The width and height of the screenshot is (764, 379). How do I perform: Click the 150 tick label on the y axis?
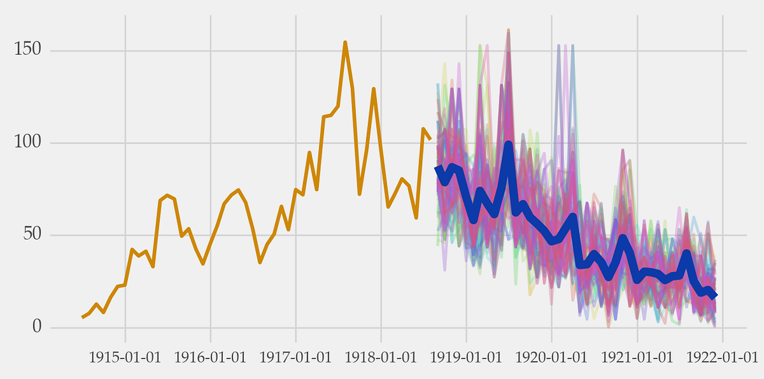coord(28,50)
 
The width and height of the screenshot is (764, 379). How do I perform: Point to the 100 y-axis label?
coord(28,142)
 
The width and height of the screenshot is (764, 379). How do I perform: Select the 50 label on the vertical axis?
coord(32,234)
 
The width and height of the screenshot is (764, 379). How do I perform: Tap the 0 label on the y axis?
coord(36,327)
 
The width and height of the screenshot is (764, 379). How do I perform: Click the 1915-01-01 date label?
coord(125,357)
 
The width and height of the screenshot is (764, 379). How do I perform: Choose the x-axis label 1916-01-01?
coord(210,357)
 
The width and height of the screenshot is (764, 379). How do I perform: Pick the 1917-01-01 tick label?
coord(295,357)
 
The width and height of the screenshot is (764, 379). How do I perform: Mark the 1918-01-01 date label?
coord(381,357)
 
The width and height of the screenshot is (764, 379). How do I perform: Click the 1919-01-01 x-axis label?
coord(466,357)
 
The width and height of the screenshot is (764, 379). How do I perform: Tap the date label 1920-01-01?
coord(551,357)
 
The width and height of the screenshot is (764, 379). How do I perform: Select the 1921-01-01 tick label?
coord(637,357)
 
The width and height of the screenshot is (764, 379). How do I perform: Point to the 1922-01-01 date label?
coord(722,357)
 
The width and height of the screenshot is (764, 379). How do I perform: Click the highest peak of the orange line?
coord(345,43)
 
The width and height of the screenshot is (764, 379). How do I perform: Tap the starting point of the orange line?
coord(82,317)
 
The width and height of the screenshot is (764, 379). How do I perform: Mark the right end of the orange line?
coord(430,138)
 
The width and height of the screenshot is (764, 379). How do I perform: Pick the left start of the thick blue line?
coord(437,168)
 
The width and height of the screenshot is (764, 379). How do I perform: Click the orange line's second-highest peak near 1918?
coord(374,89)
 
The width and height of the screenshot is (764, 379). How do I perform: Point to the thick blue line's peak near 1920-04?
coord(572,217)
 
